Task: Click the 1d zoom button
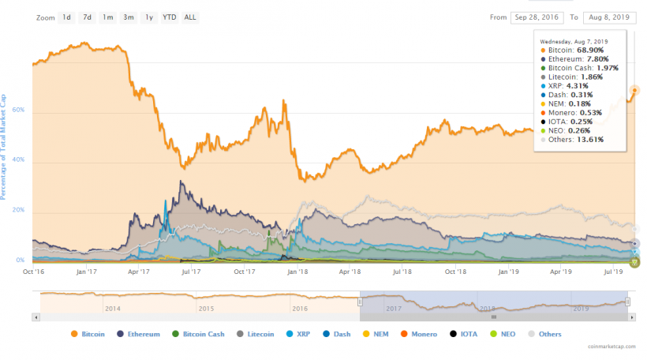(x=67, y=17)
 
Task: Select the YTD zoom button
(x=169, y=17)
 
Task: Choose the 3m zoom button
(x=128, y=17)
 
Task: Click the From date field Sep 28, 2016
(x=536, y=17)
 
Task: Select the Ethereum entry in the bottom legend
(x=140, y=334)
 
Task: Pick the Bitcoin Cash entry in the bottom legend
(x=199, y=334)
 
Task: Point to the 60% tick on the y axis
(x=21, y=111)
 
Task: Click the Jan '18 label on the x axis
(x=297, y=272)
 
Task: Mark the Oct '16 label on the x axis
(x=34, y=272)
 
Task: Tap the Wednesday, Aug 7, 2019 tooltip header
(x=574, y=40)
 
